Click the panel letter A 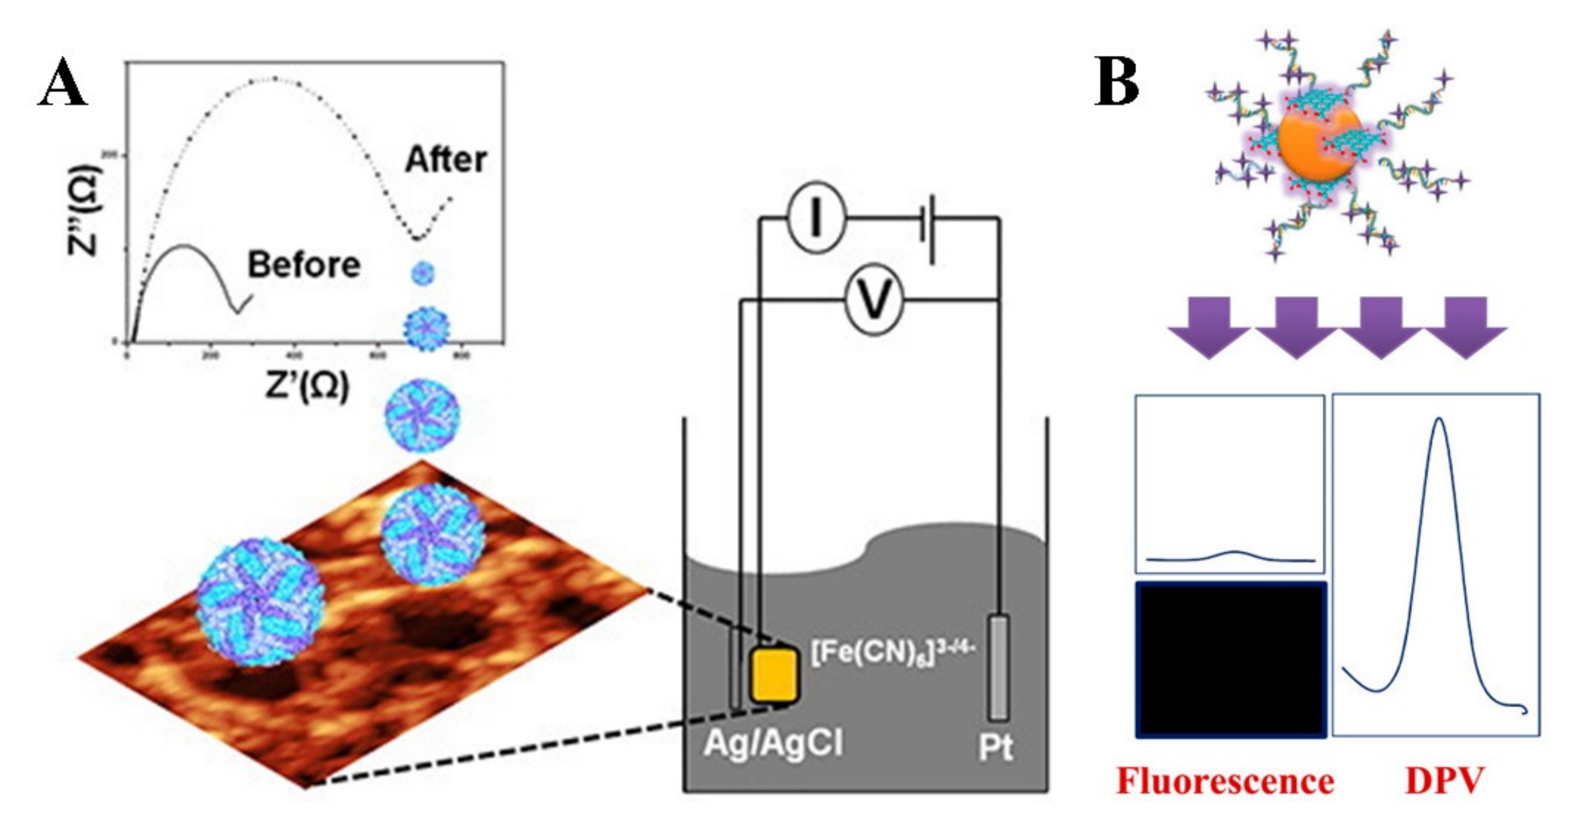tap(62, 83)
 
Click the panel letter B tap(1116, 82)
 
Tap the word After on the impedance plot tap(446, 160)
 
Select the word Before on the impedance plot tap(304, 266)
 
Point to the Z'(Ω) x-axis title tap(307, 387)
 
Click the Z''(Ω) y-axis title tap(83, 210)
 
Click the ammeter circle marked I tap(816, 220)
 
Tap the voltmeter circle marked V tap(874, 300)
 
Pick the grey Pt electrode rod tap(998, 667)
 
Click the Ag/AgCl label tap(773, 744)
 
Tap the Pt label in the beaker tap(995, 747)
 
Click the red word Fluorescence tap(1225, 782)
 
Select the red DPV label tap(1444, 782)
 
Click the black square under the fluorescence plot tap(1230, 660)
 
